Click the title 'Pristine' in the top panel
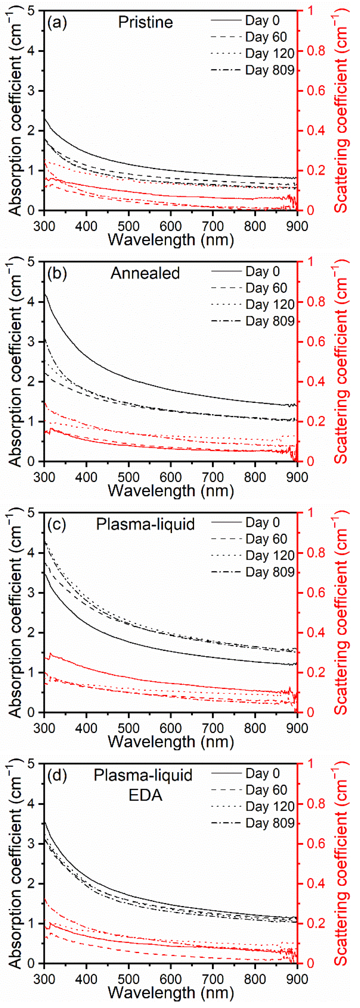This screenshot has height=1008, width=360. click(x=146, y=22)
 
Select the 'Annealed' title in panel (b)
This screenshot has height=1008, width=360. click(x=145, y=273)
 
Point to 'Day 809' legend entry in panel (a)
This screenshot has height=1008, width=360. click(x=270, y=70)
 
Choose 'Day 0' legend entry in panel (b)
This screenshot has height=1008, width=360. click(x=263, y=271)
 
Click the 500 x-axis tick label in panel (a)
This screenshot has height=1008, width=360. click(x=128, y=226)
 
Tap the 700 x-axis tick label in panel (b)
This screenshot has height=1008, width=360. click(x=213, y=477)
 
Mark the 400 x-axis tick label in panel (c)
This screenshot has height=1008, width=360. click(x=86, y=728)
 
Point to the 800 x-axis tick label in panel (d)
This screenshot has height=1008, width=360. click(x=255, y=979)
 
